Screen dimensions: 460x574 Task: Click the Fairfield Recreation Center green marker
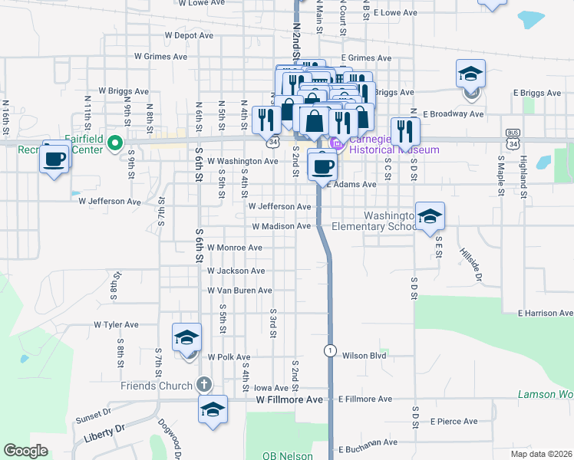(x=115, y=142)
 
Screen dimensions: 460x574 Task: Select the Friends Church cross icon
(x=203, y=385)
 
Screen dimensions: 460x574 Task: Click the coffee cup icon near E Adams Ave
(x=322, y=164)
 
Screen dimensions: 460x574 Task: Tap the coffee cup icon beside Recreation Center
(x=54, y=158)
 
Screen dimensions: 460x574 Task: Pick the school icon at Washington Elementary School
(x=430, y=216)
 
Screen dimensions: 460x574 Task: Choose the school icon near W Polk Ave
(x=186, y=337)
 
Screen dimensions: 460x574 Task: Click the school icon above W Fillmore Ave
(x=213, y=409)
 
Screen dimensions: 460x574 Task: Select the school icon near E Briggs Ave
(x=470, y=74)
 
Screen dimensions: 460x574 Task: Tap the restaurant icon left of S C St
(x=404, y=132)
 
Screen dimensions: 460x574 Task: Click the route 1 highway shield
(x=329, y=350)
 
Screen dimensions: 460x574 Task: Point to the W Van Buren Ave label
(x=239, y=291)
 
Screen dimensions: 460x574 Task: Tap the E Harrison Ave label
(x=545, y=314)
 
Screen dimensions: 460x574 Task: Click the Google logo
(x=25, y=450)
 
